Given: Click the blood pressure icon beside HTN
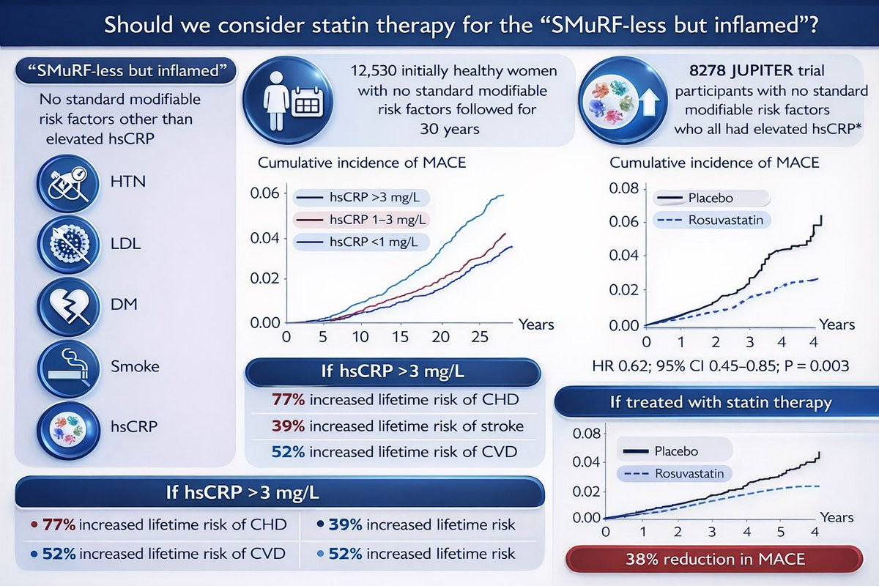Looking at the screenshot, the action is tap(68, 183).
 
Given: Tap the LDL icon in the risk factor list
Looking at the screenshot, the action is tap(68, 245).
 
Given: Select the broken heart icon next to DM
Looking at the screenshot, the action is tap(68, 306).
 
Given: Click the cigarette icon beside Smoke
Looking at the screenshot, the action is tap(68, 368).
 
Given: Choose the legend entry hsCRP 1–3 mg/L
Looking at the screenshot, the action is tap(361, 220).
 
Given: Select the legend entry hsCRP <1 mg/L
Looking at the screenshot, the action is tap(361, 242).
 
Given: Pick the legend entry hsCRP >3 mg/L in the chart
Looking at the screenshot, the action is tap(361, 197).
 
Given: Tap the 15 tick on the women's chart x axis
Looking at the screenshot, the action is tap(400, 337).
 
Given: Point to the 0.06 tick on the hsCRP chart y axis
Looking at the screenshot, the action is tap(265, 193).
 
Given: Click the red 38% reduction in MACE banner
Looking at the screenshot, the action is tap(714, 559).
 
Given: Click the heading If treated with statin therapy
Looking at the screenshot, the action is tap(721, 402).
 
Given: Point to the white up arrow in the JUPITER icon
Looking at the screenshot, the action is tap(649, 101).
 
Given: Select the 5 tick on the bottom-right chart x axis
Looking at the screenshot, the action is tap(781, 532).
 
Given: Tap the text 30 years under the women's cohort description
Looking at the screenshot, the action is tap(450, 129).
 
